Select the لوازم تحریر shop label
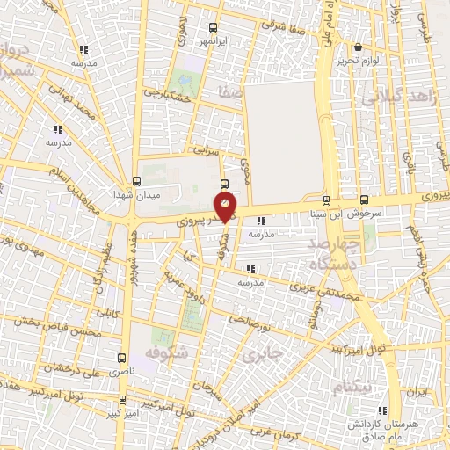(x=357, y=61)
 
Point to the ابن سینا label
(x=328, y=213)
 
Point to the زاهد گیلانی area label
(x=399, y=97)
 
